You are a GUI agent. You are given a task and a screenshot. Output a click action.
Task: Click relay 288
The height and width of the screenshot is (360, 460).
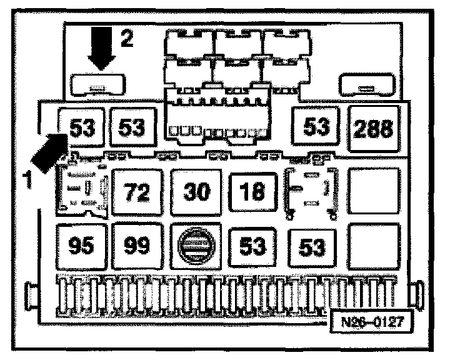373,129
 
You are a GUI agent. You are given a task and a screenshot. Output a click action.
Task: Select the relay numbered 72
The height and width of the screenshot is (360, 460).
137,191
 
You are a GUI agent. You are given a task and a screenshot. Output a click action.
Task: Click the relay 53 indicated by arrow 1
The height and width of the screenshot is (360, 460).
81,129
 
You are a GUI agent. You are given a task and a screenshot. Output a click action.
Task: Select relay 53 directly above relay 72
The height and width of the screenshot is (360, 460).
132,129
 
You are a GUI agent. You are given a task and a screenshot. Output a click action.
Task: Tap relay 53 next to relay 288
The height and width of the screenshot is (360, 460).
316,128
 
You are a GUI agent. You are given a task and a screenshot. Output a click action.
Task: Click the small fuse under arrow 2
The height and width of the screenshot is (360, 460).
99,84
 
